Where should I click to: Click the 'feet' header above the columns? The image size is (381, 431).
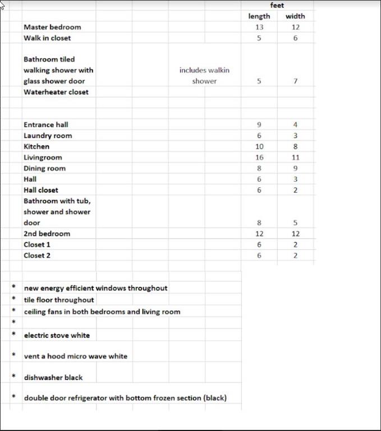(x=277, y=5)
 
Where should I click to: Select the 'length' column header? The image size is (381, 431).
(x=259, y=16)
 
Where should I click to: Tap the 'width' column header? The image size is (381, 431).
(x=295, y=16)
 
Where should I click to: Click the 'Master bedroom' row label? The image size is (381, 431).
(x=52, y=27)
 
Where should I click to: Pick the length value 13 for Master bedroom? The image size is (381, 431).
(x=259, y=27)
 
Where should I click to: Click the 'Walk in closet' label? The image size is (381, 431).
(x=47, y=38)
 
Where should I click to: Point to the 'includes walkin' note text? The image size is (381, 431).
(x=204, y=70)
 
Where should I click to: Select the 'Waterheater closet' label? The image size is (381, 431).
(x=56, y=92)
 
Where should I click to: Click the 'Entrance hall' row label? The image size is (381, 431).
(x=45, y=125)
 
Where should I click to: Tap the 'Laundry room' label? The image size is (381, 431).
(x=48, y=136)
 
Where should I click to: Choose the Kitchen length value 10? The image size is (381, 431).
(x=259, y=146)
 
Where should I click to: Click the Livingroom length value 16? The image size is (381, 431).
(x=259, y=158)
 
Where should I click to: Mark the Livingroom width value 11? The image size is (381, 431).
(x=295, y=158)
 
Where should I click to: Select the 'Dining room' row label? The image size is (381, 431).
(x=44, y=168)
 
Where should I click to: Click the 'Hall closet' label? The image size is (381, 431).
(x=41, y=190)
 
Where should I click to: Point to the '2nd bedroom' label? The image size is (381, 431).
(x=47, y=233)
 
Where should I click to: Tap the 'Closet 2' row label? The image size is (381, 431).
(x=37, y=255)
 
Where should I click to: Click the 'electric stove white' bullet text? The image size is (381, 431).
(x=57, y=336)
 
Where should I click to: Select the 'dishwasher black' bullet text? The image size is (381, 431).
(x=53, y=378)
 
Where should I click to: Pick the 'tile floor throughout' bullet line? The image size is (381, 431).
(x=59, y=300)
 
